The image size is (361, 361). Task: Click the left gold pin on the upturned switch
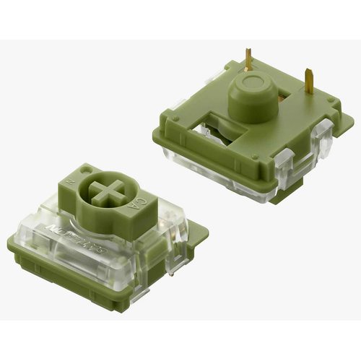tap(248, 58)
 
